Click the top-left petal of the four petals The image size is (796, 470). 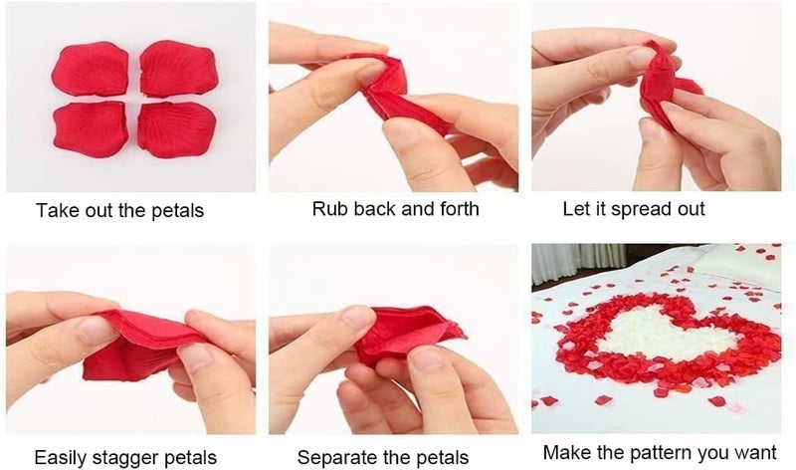click(91, 69)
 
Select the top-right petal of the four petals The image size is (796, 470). click(179, 69)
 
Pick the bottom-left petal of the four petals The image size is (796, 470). click(90, 129)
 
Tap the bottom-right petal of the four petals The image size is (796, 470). click(177, 129)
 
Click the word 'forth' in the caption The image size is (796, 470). click(460, 209)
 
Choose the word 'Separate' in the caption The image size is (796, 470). click(332, 458)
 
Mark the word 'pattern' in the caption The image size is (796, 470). click(659, 453)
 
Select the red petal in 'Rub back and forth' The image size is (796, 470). click(396, 93)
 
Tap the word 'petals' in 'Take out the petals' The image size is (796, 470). click(178, 211)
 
